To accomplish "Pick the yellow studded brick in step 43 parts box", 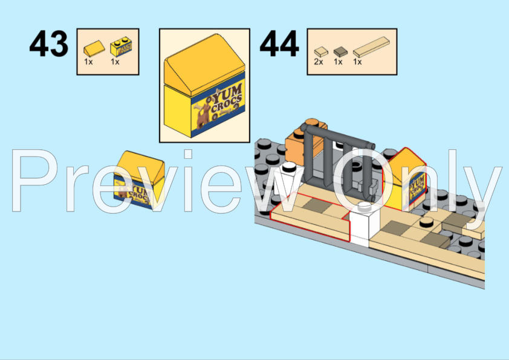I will (x=118, y=44).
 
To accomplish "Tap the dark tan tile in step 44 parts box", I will (x=339, y=51).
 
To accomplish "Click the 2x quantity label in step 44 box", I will (x=319, y=62).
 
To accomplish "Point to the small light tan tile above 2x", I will (x=319, y=52).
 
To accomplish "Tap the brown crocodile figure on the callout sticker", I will (x=203, y=115).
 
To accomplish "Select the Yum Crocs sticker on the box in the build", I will (x=417, y=190).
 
